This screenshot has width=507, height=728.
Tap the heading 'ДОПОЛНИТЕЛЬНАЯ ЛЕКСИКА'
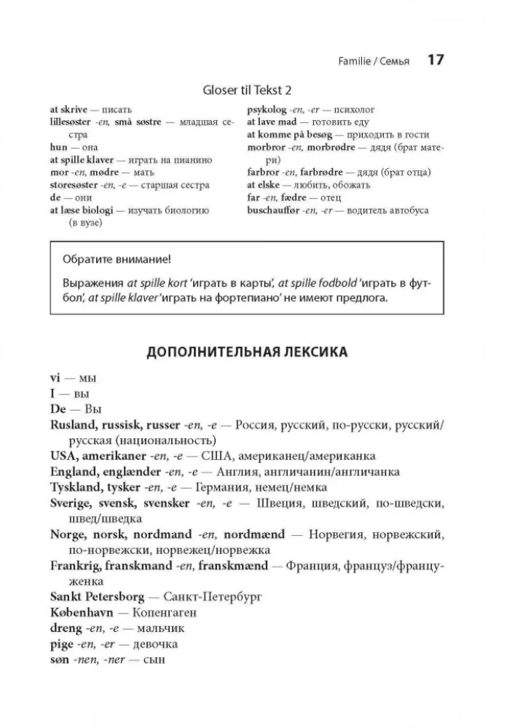pyautogui.click(x=247, y=352)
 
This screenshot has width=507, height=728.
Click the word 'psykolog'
pyautogui.click(x=270, y=110)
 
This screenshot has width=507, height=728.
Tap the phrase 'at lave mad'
pyautogui.click(x=272, y=122)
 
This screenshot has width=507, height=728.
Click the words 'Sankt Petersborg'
pyautogui.click(x=97, y=597)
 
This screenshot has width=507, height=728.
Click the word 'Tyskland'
pyautogui.click(x=76, y=487)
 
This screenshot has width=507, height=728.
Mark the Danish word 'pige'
pyautogui.click(x=62, y=644)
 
